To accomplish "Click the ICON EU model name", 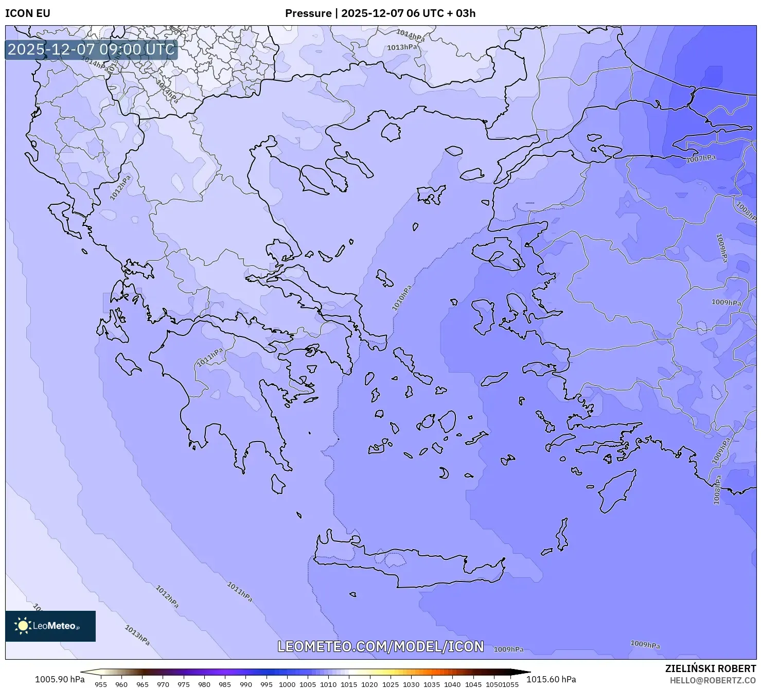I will click(28, 13).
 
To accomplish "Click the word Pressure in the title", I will click(308, 13).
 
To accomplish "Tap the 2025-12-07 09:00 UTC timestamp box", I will click(91, 50).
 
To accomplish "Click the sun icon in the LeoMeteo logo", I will click(23, 626).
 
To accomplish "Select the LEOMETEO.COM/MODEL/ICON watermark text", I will click(380, 647).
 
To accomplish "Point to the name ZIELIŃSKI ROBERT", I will click(711, 669).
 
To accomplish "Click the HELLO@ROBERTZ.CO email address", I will click(713, 680).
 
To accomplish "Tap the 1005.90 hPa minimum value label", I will click(60, 679).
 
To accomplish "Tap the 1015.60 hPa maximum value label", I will click(551, 679).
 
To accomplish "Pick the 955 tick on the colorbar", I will click(101, 684).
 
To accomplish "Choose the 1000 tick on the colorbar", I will click(287, 684).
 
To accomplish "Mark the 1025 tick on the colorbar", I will click(391, 684).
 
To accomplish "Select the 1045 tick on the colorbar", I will click(473, 684).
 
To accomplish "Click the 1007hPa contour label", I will click(701, 159).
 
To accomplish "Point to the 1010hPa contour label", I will click(402, 298).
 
